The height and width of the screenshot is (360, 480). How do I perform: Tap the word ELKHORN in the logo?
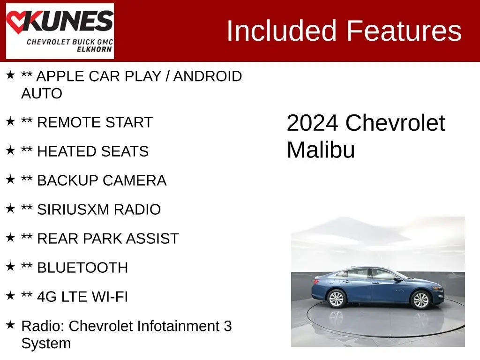point(94,49)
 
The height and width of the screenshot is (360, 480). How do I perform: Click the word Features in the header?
point(404,30)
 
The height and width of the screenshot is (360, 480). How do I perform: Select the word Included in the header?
point(282,30)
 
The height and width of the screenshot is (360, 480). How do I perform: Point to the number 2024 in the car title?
point(312,123)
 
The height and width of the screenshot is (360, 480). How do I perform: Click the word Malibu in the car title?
point(321,150)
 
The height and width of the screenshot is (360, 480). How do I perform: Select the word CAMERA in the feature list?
point(135,180)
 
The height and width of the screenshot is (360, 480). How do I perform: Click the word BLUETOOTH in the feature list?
point(82,268)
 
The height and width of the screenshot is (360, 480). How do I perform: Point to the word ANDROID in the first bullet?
point(208,76)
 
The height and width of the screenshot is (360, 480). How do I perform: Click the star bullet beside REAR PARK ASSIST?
point(10,238)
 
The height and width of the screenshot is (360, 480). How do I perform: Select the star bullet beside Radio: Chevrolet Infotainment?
point(10,325)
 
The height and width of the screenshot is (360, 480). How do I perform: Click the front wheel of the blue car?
point(420,300)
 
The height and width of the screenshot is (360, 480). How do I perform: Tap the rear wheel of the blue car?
point(337,298)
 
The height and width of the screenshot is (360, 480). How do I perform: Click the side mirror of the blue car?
point(398,279)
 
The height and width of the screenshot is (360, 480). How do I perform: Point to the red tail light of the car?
point(315,282)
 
